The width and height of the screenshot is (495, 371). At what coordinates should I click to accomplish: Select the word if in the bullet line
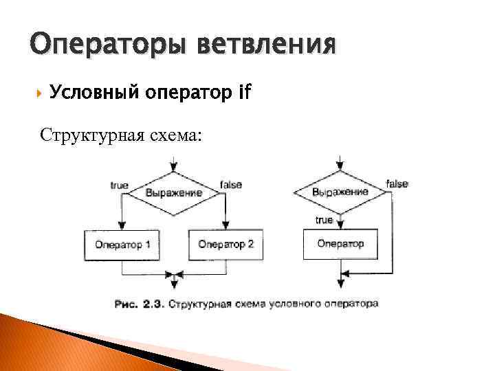[243, 91]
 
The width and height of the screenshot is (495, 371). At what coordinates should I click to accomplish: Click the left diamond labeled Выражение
[175, 192]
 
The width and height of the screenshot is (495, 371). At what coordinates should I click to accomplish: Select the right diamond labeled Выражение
[340, 192]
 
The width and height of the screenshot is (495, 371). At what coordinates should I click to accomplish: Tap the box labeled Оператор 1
[122, 245]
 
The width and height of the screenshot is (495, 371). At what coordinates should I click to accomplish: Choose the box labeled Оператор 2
[226, 245]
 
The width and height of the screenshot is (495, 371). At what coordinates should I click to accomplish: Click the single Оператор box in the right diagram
[340, 244]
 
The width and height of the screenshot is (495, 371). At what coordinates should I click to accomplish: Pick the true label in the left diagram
[119, 185]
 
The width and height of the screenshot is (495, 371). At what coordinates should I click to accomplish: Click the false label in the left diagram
[230, 185]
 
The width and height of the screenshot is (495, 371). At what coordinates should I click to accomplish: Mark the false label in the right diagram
[397, 183]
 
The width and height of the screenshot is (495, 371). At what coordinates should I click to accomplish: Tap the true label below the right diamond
[324, 220]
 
